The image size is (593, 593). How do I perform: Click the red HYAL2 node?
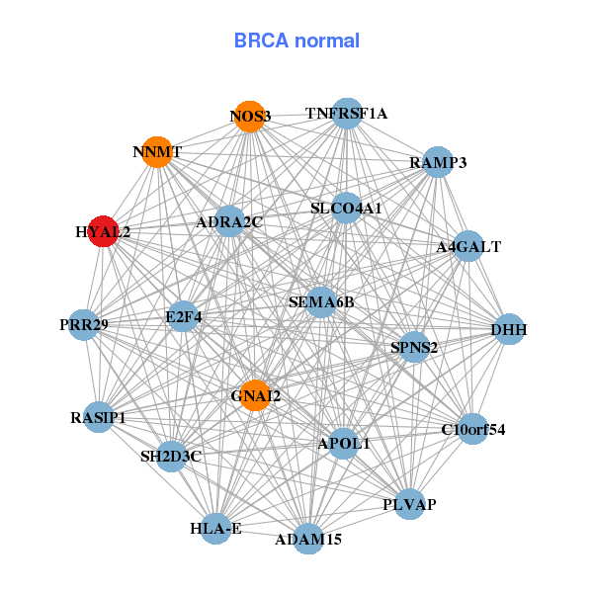pyautogui.click(x=104, y=231)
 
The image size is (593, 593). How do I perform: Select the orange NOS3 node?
pyautogui.click(x=250, y=117)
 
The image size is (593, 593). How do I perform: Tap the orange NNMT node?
pyautogui.click(x=157, y=152)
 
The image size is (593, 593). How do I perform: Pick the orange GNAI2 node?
pyautogui.click(x=255, y=396)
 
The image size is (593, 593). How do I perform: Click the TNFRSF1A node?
pyautogui.click(x=346, y=114)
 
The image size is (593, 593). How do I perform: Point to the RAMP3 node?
pyautogui.click(x=438, y=162)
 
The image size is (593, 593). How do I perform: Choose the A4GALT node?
pyautogui.click(x=467, y=246)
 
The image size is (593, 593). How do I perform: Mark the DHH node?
pyautogui.click(x=508, y=329)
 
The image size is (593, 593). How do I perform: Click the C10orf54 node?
pyautogui.click(x=473, y=429)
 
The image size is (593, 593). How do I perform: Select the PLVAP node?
pyautogui.click(x=409, y=504)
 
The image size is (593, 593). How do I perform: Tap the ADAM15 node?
pyautogui.click(x=308, y=539)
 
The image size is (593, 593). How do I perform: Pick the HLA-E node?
pyautogui.click(x=216, y=529)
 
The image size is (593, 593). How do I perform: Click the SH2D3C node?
pyautogui.click(x=171, y=456)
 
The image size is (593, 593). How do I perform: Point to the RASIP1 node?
pyautogui.click(x=99, y=416)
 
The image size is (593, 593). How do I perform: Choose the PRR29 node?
pyautogui.click(x=84, y=324)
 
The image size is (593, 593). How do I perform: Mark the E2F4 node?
pyautogui.click(x=184, y=317)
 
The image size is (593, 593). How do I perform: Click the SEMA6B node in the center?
pyautogui.click(x=321, y=301)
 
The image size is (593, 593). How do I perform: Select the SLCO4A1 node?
pyautogui.click(x=345, y=208)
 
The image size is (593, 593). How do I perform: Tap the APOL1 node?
pyautogui.click(x=344, y=444)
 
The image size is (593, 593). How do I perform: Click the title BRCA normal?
pyautogui.click(x=296, y=42)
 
